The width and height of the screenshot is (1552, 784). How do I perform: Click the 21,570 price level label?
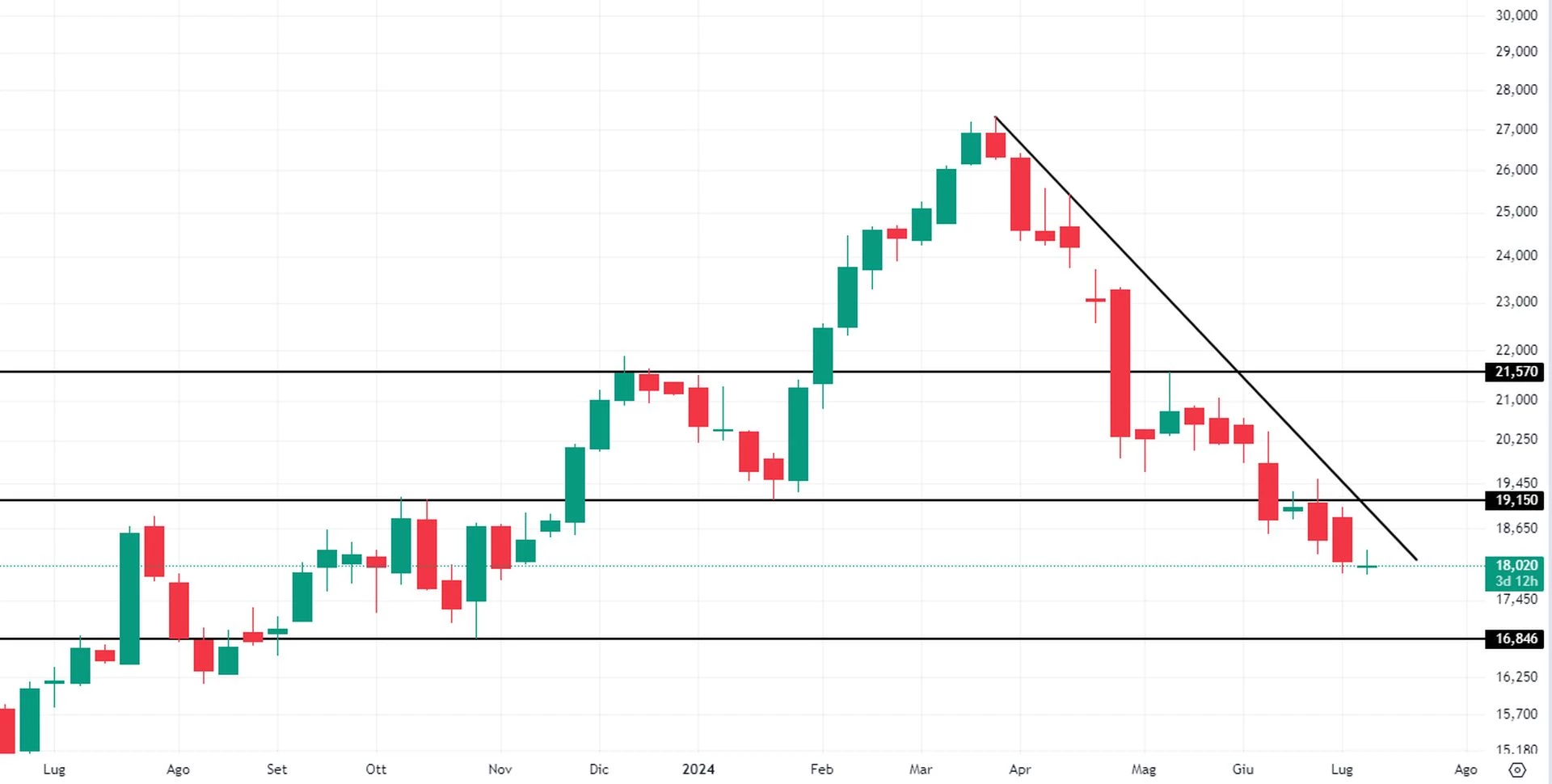pyautogui.click(x=1516, y=372)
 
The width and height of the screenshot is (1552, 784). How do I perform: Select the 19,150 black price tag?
pyautogui.click(x=1516, y=500)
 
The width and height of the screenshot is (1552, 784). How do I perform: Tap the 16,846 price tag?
pyautogui.click(x=1516, y=639)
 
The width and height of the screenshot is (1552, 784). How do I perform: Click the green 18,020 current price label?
pyautogui.click(x=1516, y=566)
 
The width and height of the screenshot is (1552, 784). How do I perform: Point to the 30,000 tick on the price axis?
pyautogui.click(x=1516, y=15)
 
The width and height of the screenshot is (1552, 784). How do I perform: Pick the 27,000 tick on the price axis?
pyautogui.click(x=1516, y=129)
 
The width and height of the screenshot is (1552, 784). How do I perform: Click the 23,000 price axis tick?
pyautogui.click(x=1516, y=301)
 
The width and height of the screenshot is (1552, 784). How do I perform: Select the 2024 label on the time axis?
pyautogui.click(x=698, y=769)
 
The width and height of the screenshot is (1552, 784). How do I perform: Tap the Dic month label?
pyautogui.click(x=599, y=769)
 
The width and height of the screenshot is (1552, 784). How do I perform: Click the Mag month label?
pyautogui.click(x=1143, y=769)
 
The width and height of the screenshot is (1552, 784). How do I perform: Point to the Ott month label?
pyautogui.click(x=376, y=769)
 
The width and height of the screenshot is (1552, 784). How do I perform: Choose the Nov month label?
pyautogui.click(x=500, y=769)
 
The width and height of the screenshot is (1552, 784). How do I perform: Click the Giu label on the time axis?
pyautogui.click(x=1242, y=769)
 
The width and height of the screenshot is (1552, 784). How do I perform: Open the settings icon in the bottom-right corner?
pyautogui.click(x=1517, y=769)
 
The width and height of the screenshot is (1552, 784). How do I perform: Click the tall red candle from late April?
pyautogui.click(x=1120, y=364)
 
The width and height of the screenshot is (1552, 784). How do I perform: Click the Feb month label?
pyautogui.click(x=821, y=769)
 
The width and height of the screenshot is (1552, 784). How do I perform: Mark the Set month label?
pyautogui.click(x=276, y=769)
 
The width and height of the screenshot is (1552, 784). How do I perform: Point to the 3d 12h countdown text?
pyautogui.click(x=1516, y=581)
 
